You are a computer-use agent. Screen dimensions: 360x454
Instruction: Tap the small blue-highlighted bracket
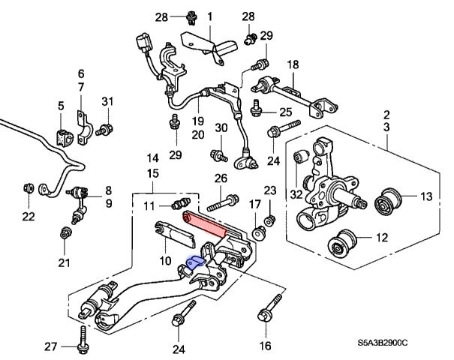(x=195, y=262)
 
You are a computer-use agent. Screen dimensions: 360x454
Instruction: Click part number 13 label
(x=425, y=197)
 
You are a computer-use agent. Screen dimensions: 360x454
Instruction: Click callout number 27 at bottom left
(x=50, y=346)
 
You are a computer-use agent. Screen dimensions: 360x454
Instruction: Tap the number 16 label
(x=265, y=346)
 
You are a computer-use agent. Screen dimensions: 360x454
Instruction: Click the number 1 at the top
(x=209, y=16)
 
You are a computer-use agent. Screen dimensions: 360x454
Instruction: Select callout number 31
(x=107, y=102)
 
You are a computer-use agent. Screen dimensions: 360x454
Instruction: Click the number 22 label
(x=29, y=217)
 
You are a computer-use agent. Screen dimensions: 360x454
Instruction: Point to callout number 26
(x=221, y=178)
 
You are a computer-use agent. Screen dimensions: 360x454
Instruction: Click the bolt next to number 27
(x=80, y=339)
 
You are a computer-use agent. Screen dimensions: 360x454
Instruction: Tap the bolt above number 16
(x=267, y=314)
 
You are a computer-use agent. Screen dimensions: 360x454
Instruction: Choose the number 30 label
(x=220, y=128)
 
